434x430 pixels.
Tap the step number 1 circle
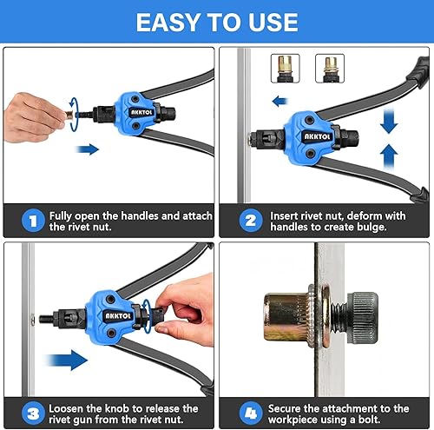[x=33, y=221]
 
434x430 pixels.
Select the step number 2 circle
[x=251, y=221]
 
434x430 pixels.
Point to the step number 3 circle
[x=33, y=413]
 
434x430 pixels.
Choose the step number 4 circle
[x=251, y=413]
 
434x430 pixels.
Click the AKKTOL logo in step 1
[x=141, y=112]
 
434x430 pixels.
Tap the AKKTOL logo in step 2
[x=317, y=136]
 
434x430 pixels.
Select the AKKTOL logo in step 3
[x=117, y=316]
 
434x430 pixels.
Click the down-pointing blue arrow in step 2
[x=389, y=121]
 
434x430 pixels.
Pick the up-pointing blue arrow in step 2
[x=389, y=156]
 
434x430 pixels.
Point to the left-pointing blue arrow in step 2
[x=279, y=102]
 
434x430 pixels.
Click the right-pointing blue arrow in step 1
[x=88, y=149]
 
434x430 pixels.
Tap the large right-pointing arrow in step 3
[x=66, y=360]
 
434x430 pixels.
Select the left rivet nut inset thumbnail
[x=285, y=69]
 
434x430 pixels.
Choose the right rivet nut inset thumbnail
[x=330, y=69]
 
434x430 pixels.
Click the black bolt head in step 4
[x=363, y=314]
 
